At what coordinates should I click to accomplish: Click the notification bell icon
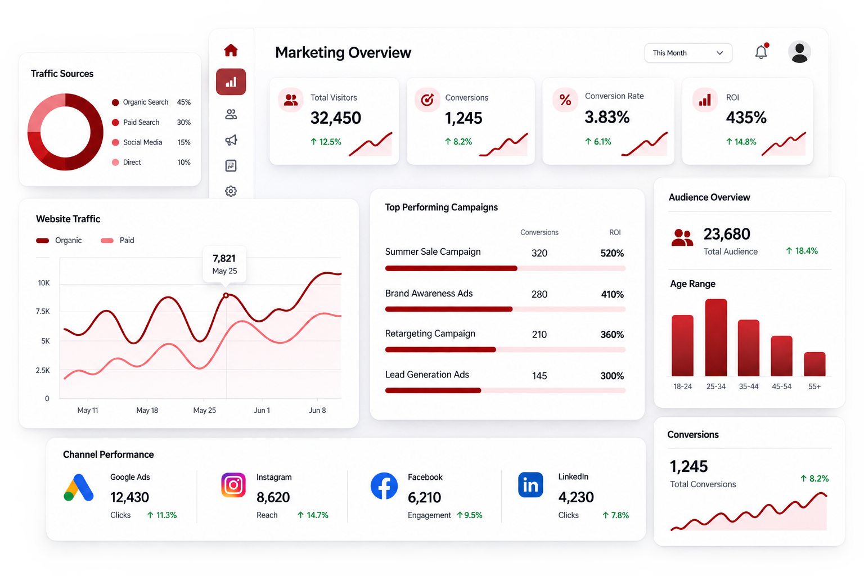[761, 52]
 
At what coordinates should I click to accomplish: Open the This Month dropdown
[688, 53]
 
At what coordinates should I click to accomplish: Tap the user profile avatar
[799, 52]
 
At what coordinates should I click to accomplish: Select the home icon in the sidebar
[231, 50]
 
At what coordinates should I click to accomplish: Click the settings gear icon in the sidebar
[231, 191]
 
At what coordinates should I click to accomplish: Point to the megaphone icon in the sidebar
[231, 140]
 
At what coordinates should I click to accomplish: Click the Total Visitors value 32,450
[336, 118]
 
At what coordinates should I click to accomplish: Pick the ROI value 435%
[746, 118]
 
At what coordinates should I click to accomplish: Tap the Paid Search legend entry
[151, 122]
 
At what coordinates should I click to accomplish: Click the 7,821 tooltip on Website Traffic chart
[224, 264]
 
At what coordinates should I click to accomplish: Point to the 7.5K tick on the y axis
[43, 311]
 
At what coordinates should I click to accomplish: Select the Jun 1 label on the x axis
[262, 410]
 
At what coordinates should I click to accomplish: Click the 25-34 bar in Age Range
[716, 337]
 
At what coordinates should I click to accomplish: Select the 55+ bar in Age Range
[814, 364]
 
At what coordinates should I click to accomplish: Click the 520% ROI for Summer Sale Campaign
[612, 253]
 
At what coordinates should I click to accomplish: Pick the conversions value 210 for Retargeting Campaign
[539, 334]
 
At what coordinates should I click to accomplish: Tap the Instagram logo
[233, 485]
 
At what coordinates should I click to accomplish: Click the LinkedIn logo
[530, 484]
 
